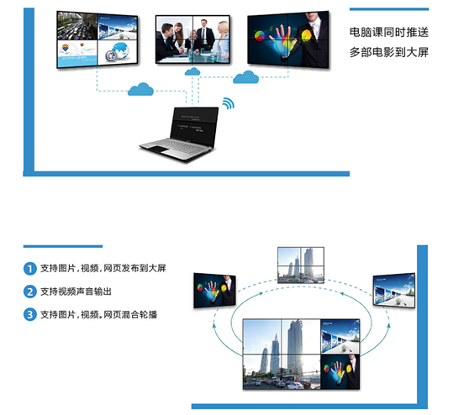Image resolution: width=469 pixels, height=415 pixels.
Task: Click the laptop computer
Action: [x=180, y=134]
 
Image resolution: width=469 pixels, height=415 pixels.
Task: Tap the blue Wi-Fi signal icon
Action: [x=229, y=103]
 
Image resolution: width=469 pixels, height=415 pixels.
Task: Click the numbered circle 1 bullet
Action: [x=30, y=269]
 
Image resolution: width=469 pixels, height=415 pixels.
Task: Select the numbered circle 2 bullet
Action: [x=30, y=292]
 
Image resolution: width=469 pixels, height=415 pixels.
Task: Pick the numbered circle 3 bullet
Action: [x=30, y=314]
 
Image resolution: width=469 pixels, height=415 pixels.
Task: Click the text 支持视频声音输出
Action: [x=76, y=292]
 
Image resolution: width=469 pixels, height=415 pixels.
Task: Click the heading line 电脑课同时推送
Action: [x=389, y=32]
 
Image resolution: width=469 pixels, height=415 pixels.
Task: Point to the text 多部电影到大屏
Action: [x=389, y=52]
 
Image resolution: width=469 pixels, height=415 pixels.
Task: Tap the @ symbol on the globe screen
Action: [x=110, y=55]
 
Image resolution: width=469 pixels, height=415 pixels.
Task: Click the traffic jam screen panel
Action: [x=77, y=26]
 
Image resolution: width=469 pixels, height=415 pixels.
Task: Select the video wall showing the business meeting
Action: [x=193, y=39]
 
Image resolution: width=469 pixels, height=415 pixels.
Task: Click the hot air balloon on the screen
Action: [x=66, y=48]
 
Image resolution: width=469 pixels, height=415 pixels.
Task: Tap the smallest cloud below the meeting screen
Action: [x=192, y=71]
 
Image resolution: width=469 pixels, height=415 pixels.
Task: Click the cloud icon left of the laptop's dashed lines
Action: [x=140, y=89]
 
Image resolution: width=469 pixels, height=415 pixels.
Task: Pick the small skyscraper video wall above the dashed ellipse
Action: [x=301, y=265]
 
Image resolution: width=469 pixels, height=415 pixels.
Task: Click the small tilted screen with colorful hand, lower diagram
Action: [x=214, y=291]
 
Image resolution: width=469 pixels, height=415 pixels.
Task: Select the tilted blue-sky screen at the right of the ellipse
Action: [x=394, y=291]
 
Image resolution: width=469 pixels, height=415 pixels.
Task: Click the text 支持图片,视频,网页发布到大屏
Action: [x=103, y=269]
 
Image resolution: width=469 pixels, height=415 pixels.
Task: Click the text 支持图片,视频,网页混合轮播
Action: [x=98, y=314]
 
